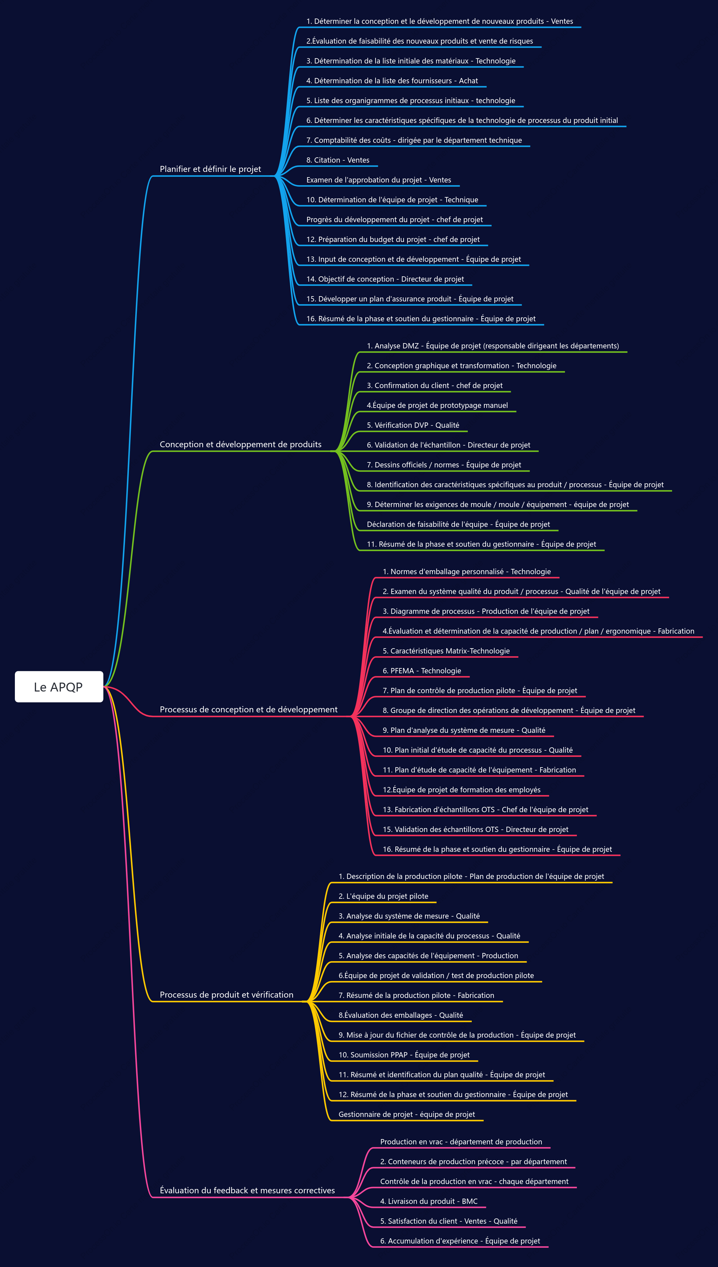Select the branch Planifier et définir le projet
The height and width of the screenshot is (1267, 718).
pyautogui.click(x=211, y=169)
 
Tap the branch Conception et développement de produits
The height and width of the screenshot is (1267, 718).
pyautogui.click(x=241, y=444)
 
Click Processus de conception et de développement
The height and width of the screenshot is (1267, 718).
pyautogui.click(x=249, y=709)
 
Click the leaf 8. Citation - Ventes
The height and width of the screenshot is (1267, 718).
pyautogui.click(x=338, y=160)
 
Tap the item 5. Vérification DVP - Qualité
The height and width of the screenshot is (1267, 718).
pyautogui.click(x=413, y=425)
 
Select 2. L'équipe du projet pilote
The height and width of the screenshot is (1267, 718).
pyautogui.click(x=383, y=896)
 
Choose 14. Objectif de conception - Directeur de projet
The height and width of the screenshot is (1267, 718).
pyautogui.click(x=385, y=279)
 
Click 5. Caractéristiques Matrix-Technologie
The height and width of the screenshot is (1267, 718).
pyautogui.click(x=446, y=651)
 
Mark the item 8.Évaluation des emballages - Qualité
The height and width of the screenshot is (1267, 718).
pyautogui.click(x=400, y=1015)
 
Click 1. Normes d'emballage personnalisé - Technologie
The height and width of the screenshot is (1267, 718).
pyautogui.click(x=466, y=572)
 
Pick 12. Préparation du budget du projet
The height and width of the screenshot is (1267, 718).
pyautogui.click(x=366, y=240)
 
